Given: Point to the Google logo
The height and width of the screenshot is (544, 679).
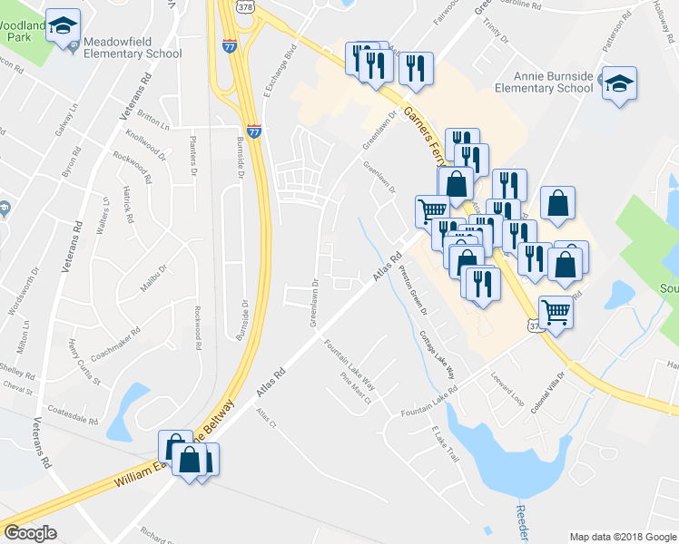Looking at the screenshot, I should click(x=30, y=533).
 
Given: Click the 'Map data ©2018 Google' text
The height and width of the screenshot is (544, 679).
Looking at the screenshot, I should click(x=622, y=537).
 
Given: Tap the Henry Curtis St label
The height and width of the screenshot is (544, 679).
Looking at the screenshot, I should click(x=84, y=361).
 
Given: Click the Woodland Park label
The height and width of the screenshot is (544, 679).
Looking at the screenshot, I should click(x=21, y=33).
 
